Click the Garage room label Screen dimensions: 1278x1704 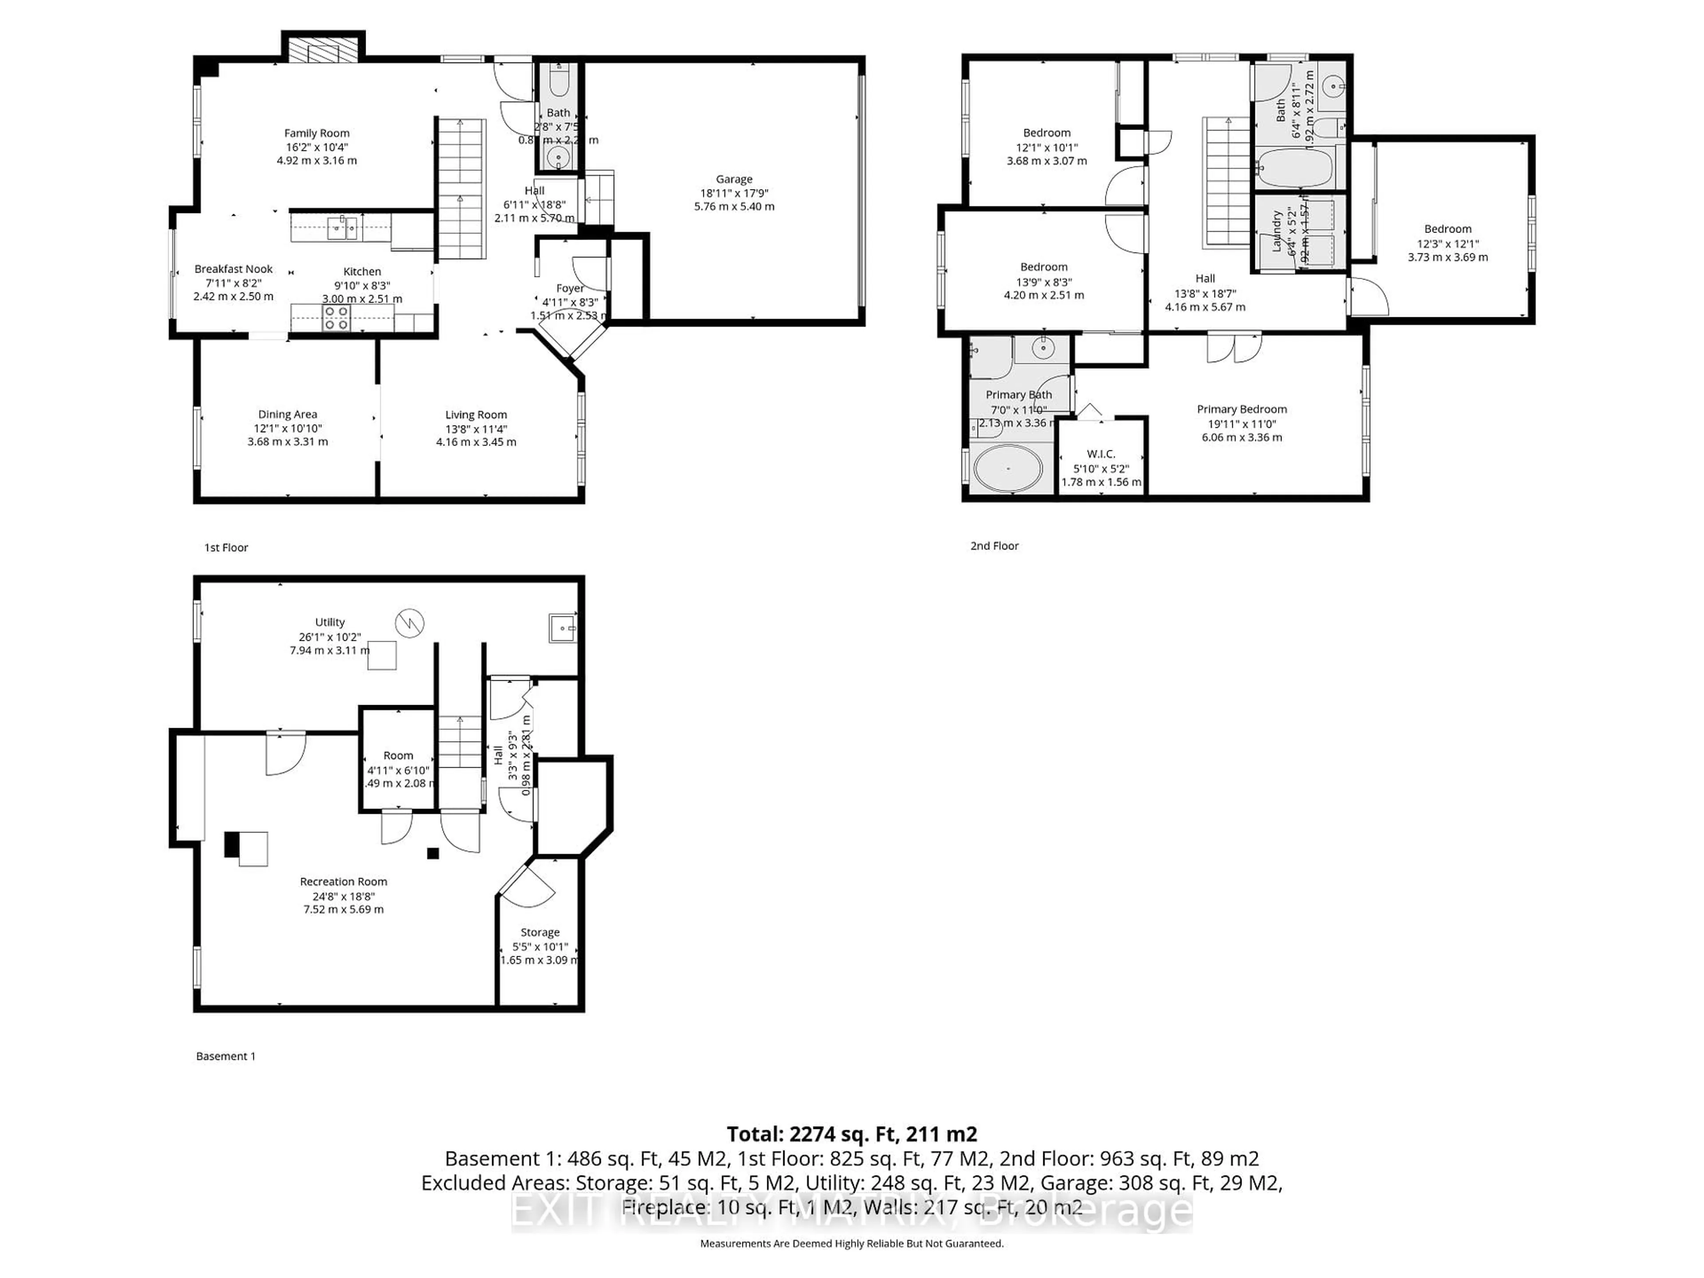[734, 179]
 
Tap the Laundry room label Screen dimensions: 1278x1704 [1277, 231]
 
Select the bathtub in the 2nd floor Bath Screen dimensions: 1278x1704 [1294, 168]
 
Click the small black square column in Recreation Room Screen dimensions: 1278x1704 [433, 853]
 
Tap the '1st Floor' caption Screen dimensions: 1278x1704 [226, 548]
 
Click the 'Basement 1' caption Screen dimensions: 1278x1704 [226, 1056]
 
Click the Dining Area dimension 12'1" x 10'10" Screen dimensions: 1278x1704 [288, 428]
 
